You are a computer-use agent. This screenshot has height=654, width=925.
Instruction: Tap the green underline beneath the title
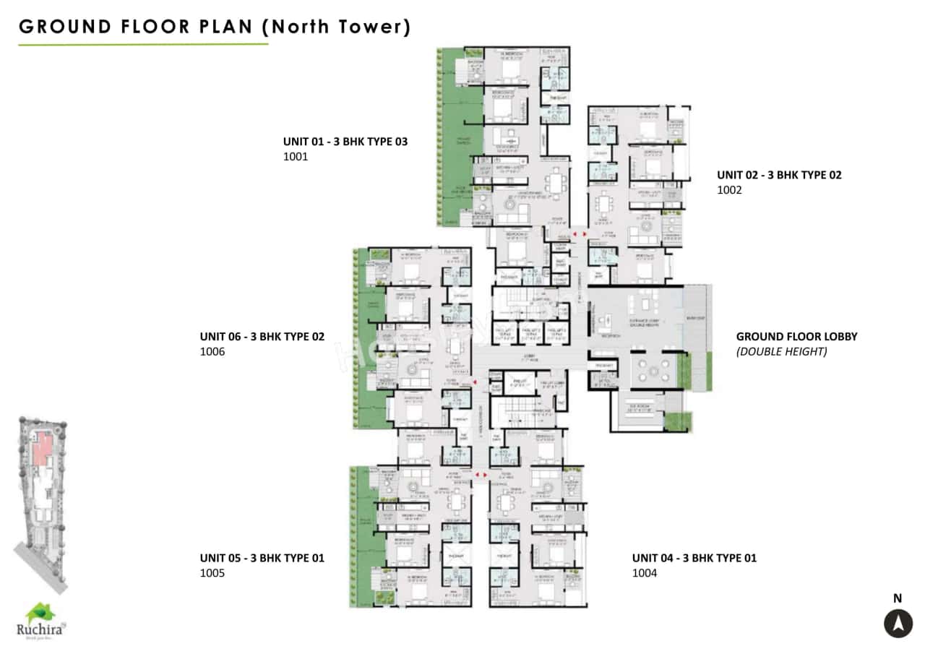(143, 45)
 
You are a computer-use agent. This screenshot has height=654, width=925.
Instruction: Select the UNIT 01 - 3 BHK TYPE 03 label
(345, 142)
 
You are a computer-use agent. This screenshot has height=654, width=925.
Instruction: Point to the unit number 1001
(296, 156)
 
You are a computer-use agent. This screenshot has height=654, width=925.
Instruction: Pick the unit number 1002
(729, 190)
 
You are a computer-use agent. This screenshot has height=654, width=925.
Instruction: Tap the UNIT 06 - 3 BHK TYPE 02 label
(262, 337)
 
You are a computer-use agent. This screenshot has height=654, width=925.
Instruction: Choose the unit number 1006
(212, 352)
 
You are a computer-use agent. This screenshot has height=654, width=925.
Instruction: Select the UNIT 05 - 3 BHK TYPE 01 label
(262, 558)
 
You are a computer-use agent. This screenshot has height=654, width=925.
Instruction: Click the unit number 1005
(212, 573)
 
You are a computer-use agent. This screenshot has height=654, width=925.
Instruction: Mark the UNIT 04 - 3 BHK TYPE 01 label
(694, 558)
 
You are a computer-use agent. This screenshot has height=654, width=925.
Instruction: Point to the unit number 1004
(645, 573)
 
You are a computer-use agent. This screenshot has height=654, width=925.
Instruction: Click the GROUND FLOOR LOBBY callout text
(796, 337)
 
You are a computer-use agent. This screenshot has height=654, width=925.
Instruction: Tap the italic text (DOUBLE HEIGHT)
(781, 352)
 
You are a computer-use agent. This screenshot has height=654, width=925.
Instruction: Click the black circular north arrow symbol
(898, 623)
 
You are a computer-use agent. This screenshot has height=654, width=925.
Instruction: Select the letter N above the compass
(898, 598)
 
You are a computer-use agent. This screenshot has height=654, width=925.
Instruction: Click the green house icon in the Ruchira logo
(40, 613)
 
